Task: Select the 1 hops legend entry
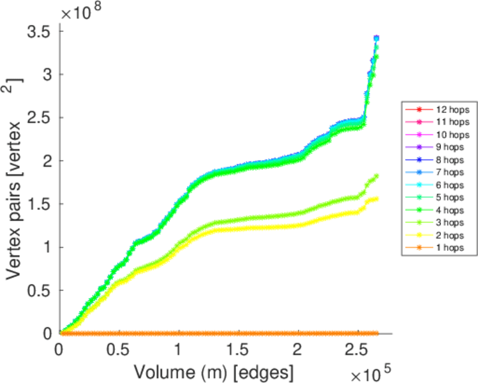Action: coord(436,247)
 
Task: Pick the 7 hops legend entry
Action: coord(436,172)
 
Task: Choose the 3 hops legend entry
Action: coord(436,222)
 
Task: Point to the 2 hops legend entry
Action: coord(436,235)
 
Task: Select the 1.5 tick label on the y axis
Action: coord(40,204)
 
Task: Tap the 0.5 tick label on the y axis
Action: coord(40,290)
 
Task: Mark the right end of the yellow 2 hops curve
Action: coord(376,199)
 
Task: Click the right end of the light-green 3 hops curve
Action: coord(377,176)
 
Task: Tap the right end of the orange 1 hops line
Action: coord(376,333)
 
